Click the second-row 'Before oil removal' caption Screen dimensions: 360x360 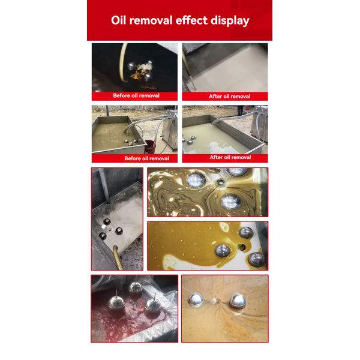146,158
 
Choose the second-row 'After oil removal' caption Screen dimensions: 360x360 230,157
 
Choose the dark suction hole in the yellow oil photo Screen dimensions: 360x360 242,246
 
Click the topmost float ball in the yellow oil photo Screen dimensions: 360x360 246,232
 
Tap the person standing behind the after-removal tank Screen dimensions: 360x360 240,110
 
